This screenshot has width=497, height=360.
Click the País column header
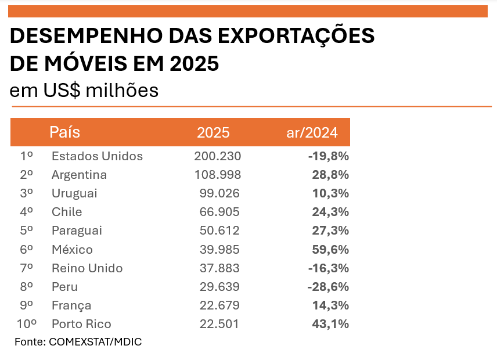pyautogui.click(x=65, y=132)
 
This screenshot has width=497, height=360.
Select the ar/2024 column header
pyautogui.click(x=312, y=132)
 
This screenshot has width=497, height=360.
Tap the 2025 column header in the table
pyautogui.click(x=213, y=132)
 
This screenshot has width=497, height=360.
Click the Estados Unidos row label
pyautogui.click(x=97, y=156)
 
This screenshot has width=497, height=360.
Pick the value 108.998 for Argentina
pyautogui.click(x=217, y=175)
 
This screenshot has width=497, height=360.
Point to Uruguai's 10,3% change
pyautogui.click(x=330, y=193)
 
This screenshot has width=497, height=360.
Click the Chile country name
pyautogui.click(x=67, y=212)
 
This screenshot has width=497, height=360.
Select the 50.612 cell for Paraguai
pyautogui.click(x=220, y=231)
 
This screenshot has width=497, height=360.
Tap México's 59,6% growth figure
pyautogui.click(x=330, y=250)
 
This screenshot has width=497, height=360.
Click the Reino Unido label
pyautogui.click(x=87, y=268)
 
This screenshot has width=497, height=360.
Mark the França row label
pyautogui.click(x=71, y=305)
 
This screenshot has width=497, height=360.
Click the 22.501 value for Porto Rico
pyautogui.click(x=220, y=324)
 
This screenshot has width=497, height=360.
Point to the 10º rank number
pyautogui.click(x=27, y=324)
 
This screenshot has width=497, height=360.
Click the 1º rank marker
pyautogui.click(x=27, y=156)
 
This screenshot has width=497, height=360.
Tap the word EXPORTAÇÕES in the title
pyautogui.click(x=296, y=36)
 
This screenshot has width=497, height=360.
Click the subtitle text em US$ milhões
pyautogui.click(x=84, y=91)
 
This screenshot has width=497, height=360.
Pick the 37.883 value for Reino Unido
pyautogui.click(x=220, y=268)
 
